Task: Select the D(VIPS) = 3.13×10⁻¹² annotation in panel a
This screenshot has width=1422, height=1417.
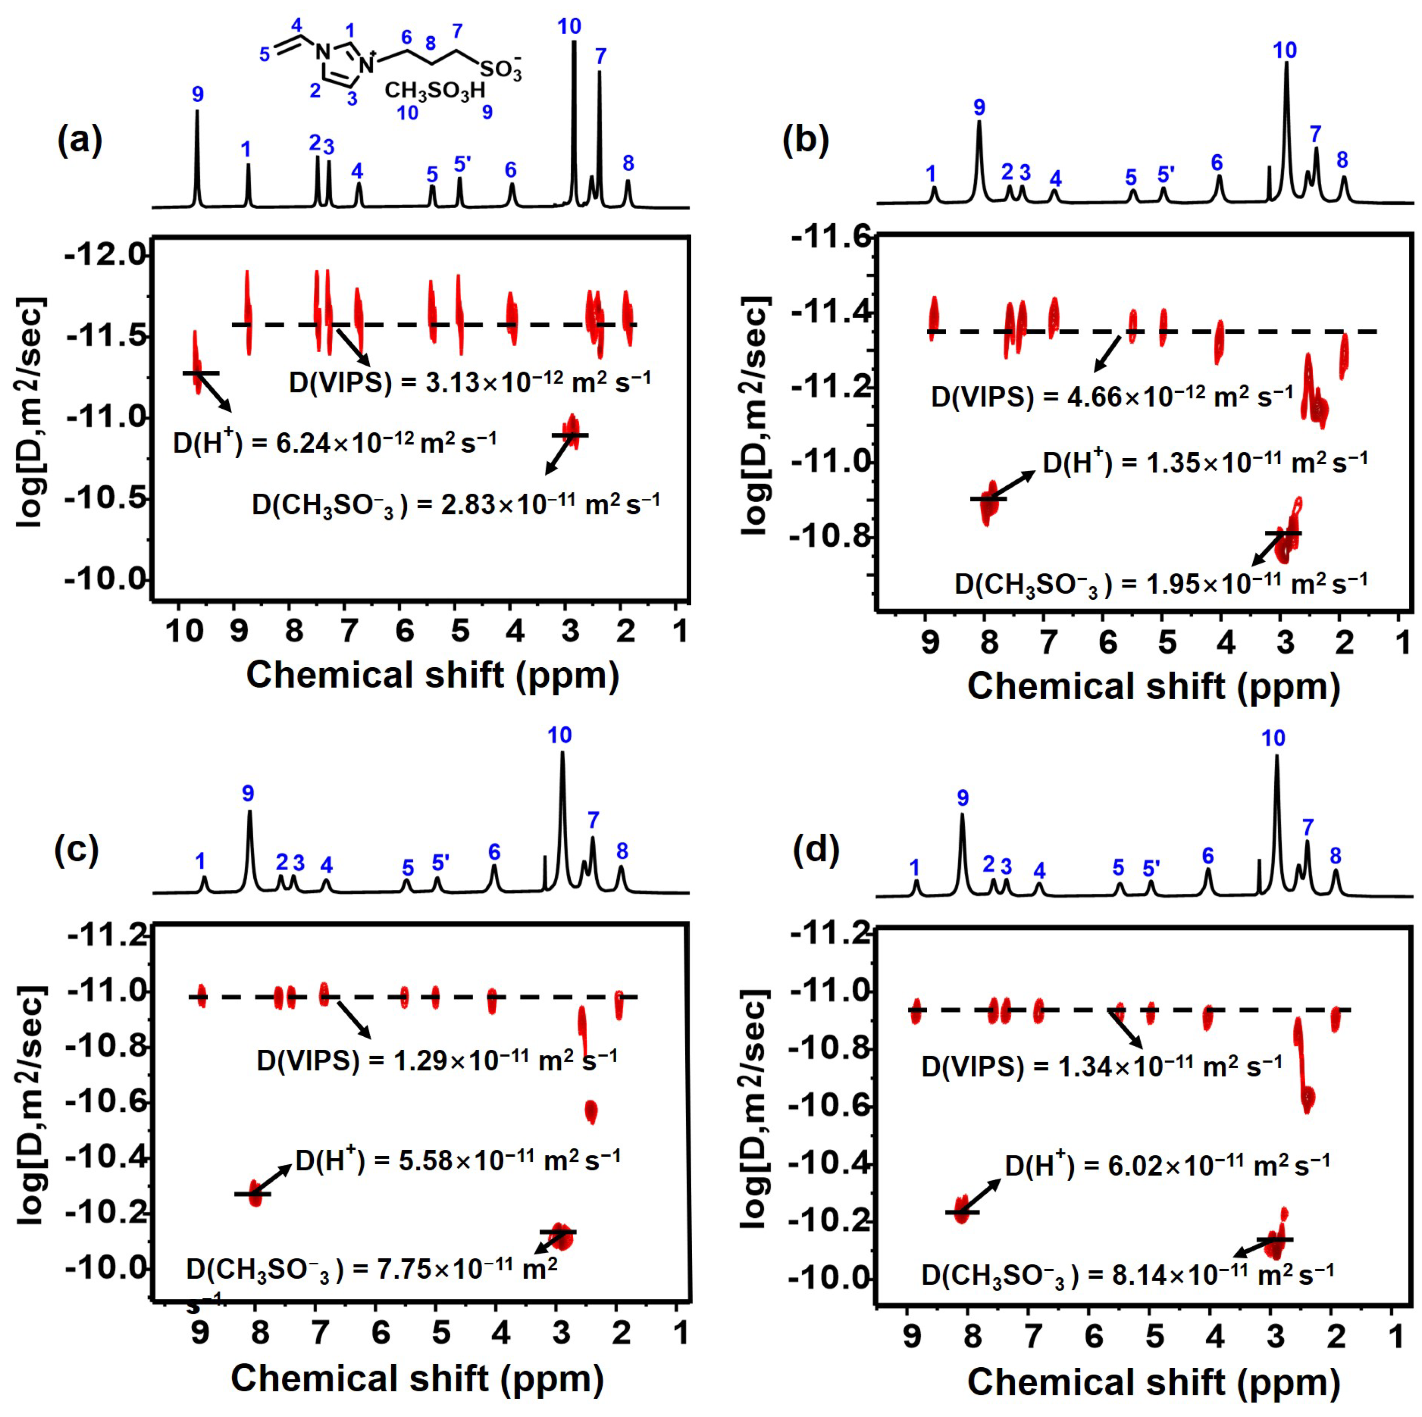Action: point(469,383)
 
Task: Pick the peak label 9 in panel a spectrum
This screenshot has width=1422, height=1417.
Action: point(197,95)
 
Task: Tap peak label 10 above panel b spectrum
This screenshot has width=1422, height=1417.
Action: point(1285,50)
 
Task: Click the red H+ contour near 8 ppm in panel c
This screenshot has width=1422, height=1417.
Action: point(255,1192)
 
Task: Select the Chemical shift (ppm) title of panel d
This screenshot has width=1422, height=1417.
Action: point(1153,1382)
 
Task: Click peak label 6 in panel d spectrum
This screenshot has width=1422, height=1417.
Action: point(1207,856)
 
